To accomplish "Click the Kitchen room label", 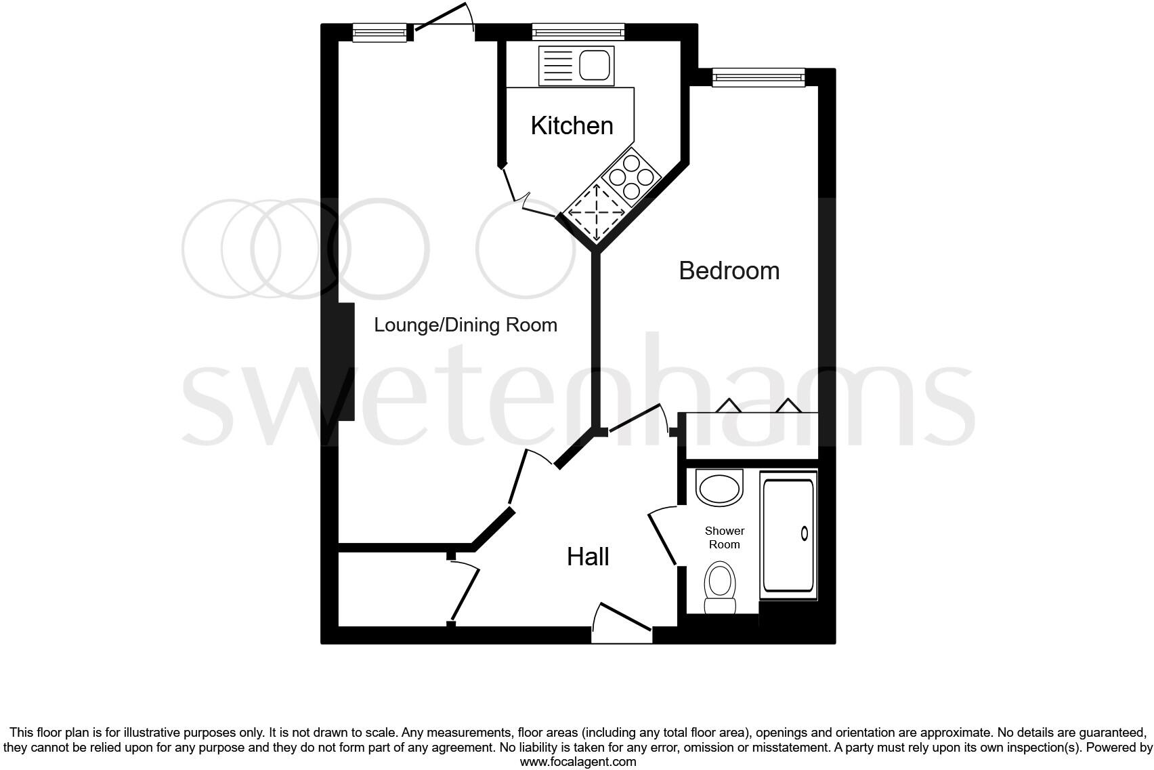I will point(572,125).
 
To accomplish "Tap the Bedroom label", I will point(729,270).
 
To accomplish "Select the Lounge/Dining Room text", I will point(465,325).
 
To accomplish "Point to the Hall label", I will point(588,556).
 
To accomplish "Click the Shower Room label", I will point(724,538).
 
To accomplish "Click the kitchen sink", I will point(576,66).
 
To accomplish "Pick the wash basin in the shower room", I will point(719,488).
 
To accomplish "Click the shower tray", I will point(788,536).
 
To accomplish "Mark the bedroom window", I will point(758,78).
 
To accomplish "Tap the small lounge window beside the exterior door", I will point(379,32).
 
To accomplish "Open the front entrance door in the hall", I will point(622,622).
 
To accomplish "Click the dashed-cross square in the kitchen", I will point(596,213).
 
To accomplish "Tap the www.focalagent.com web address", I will point(578,762).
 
